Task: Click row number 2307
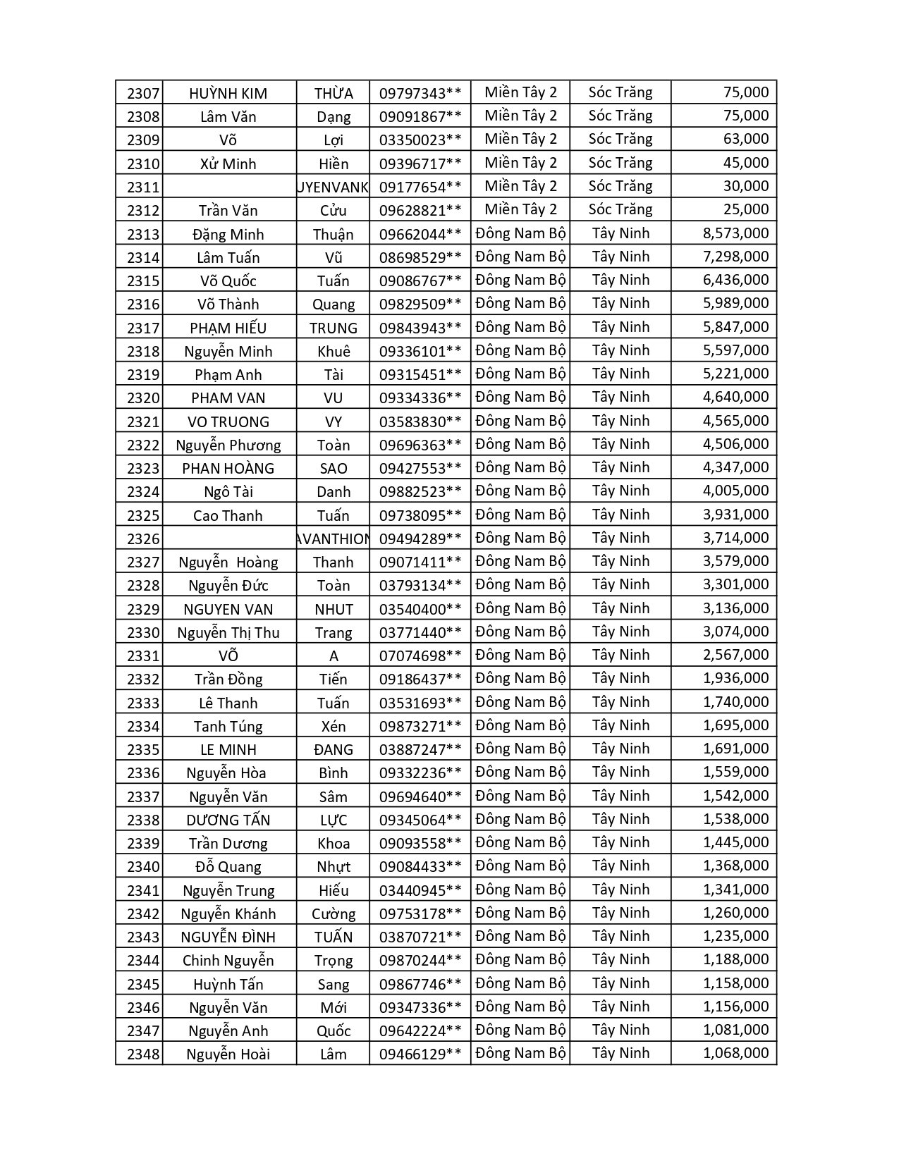[x=143, y=93]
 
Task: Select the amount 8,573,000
[x=735, y=233]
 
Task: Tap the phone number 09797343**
[x=420, y=93]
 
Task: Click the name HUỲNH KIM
[x=228, y=93]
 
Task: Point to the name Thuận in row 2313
[x=333, y=234]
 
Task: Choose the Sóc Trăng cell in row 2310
[x=620, y=163]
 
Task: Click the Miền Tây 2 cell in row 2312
[x=520, y=209]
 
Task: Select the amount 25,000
[x=745, y=209]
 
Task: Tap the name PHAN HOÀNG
[x=228, y=468]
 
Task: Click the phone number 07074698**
[x=420, y=656]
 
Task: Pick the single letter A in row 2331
[x=334, y=656]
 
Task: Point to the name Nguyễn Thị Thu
[x=228, y=632]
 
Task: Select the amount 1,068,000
[x=735, y=1053]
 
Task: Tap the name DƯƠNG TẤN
[x=228, y=820]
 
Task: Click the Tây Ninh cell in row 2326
[x=620, y=538]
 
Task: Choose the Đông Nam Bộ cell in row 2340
[x=520, y=866]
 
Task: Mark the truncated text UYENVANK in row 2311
[x=333, y=187]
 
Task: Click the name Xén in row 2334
[x=333, y=726]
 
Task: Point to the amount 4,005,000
[x=735, y=491]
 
